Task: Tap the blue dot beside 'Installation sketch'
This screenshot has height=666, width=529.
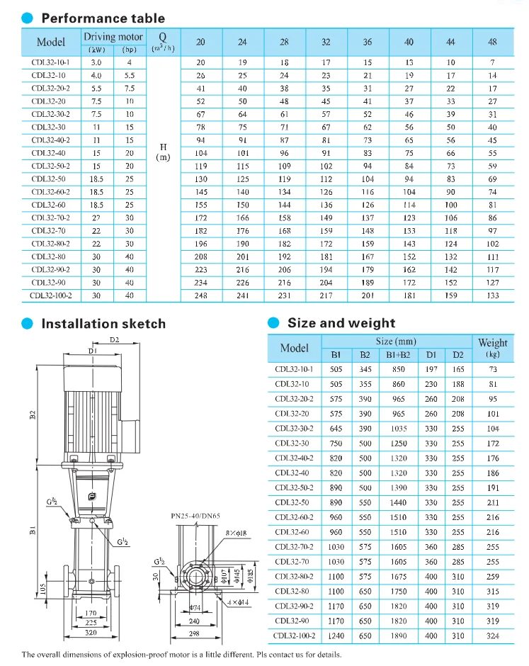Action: tap(27, 323)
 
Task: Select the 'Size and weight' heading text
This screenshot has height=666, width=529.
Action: tap(341, 322)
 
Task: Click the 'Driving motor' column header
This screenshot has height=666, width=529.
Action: tap(113, 37)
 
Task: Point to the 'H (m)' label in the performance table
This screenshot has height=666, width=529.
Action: tap(163, 152)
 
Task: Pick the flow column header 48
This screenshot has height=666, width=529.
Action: tap(492, 43)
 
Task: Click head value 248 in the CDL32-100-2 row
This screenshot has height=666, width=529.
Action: tap(200, 295)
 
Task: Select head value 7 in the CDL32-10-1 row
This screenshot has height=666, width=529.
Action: tap(492, 62)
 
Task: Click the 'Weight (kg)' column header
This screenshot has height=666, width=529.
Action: tap(492, 347)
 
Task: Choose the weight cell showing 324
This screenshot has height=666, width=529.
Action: tap(492, 636)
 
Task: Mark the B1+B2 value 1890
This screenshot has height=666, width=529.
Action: tap(399, 636)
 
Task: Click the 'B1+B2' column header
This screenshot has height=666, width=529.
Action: tap(399, 354)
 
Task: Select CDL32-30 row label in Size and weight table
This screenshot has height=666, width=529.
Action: tap(294, 444)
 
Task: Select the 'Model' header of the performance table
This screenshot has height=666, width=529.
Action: tap(51, 43)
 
